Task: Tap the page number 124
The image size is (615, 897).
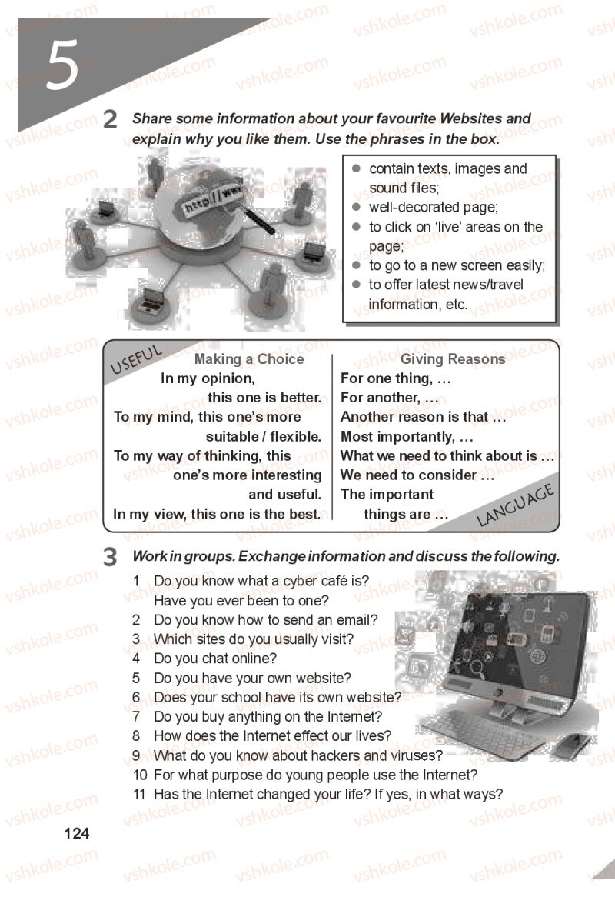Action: point(77,833)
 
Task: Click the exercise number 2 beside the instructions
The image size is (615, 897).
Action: point(110,119)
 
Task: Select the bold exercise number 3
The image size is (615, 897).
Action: point(110,557)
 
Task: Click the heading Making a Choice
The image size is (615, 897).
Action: point(248,358)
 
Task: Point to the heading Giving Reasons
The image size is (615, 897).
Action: point(453,358)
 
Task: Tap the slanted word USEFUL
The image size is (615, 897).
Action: point(136,359)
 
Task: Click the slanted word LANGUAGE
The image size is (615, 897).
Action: point(515,505)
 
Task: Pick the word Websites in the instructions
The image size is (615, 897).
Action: point(470,118)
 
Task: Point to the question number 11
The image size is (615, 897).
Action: point(139,794)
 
